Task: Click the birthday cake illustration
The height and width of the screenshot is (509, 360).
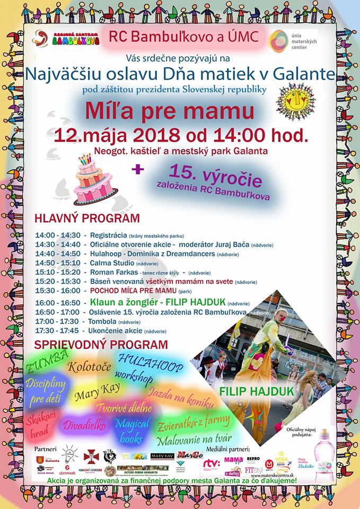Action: coord(95,180)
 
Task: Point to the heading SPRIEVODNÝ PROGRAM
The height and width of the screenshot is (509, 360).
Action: coord(101,345)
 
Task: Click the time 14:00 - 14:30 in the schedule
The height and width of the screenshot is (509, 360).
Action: coord(58,235)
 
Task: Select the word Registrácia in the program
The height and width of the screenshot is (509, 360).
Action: coord(108,235)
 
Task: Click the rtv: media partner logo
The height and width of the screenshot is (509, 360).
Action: coord(211,464)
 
